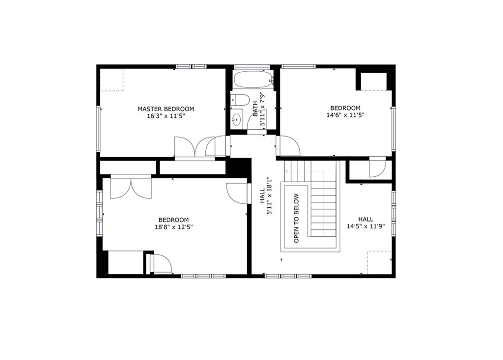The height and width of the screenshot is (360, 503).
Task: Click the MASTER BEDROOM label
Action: (x=166, y=109)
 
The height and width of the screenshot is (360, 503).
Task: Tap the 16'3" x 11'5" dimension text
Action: (x=166, y=117)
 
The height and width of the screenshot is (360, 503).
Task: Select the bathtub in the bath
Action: (x=253, y=80)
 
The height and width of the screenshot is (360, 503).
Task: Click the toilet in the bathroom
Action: (x=240, y=100)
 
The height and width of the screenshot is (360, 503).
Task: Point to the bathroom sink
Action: (x=237, y=118)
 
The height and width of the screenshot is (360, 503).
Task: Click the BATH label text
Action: (x=255, y=108)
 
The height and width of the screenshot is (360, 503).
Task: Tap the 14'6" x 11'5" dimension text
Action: (x=345, y=115)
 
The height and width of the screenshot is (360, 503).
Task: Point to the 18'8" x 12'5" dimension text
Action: (x=173, y=227)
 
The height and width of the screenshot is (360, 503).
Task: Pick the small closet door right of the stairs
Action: (x=377, y=168)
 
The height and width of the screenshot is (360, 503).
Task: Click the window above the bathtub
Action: (x=251, y=67)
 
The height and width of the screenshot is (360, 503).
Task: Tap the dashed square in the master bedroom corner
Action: (x=112, y=80)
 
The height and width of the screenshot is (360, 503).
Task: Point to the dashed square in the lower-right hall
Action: (x=380, y=261)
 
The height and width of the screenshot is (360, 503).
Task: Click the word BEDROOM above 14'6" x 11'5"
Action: (x=345, y=108)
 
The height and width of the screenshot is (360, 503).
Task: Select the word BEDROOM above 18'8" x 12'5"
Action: (x=173, y=220)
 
